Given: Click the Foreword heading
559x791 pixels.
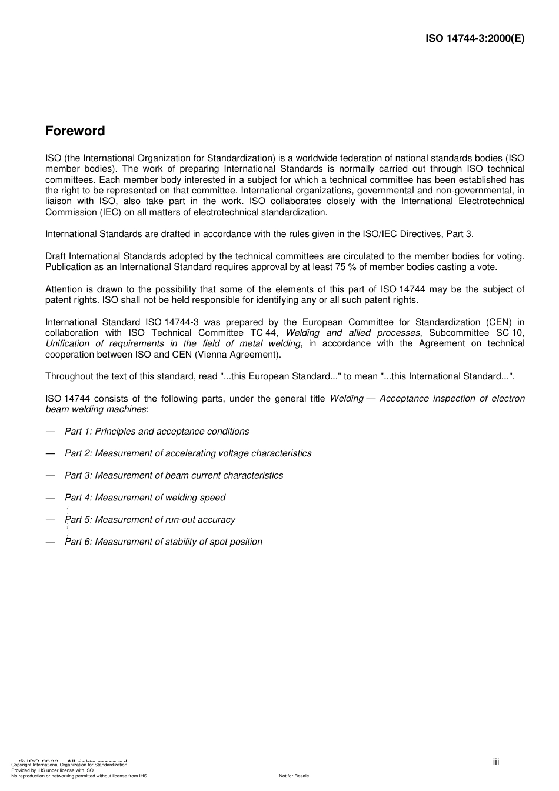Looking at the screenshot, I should click(x=75, y=131).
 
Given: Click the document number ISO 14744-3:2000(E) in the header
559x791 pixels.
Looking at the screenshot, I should click(x=474, y=38).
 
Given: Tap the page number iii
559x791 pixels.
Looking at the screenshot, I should click(x=496, y=762).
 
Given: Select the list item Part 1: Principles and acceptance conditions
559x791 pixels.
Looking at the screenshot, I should click(x=157, y=431).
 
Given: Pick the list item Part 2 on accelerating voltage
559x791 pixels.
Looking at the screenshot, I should click(x=188, y=453).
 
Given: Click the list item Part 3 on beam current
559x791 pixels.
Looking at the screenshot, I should click(x=174, y=475).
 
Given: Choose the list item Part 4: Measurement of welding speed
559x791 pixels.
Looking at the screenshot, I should click(x=145, y=498).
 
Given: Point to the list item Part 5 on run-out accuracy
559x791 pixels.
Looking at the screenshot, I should click(x=150, y=519).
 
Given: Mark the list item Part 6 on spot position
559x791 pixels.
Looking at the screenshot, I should click(x=164, y=542).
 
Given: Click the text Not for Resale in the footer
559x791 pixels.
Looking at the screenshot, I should click(x=294, y=776).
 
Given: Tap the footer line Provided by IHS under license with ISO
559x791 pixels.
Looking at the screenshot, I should click(x=52, y=770).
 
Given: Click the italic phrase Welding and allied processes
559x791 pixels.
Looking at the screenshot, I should click(x=352, y=333).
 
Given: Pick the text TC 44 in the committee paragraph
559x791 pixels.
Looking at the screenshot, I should click(x=264, y=333).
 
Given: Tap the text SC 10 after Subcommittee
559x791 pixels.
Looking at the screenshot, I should click(x=510, y=333).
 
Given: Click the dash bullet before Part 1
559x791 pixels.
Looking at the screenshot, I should click(x=51, y=431).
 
